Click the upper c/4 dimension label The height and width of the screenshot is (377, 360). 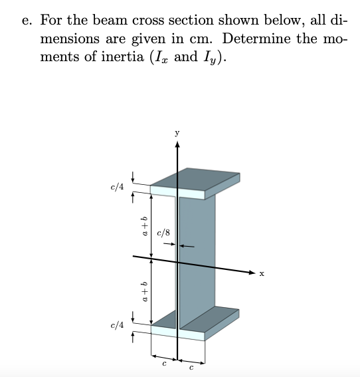tap(116, 187)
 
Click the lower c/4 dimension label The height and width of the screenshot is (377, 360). tap(116, 325)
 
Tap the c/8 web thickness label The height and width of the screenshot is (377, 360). tap(163, 233)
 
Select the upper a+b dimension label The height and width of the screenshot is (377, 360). tap(142, 226)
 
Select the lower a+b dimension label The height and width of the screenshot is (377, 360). tap(142, 293)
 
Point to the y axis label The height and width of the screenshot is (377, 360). tap(177, 133)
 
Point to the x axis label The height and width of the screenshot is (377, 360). tap(262, 273)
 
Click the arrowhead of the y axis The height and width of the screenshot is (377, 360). tap(177, 146)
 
